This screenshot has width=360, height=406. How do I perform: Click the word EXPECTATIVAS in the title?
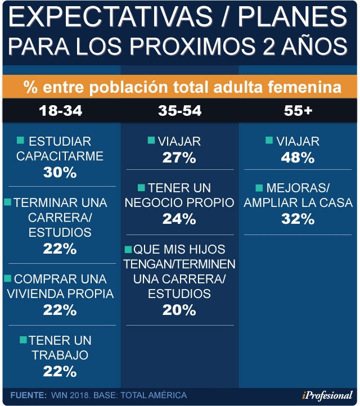click(111, 17)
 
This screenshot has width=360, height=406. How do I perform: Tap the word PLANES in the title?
click(292, 17)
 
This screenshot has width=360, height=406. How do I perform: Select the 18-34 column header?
click(61, 111)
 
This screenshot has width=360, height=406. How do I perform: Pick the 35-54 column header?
click(180, 111)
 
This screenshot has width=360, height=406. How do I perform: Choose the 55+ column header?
click(298, 111)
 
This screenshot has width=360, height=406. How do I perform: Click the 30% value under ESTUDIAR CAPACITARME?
click(60, 172)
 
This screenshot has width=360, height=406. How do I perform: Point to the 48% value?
click(298, 157)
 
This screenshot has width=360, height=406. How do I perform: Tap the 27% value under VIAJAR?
click(179, 157)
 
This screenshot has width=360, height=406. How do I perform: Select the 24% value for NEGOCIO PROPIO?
click(179, 219)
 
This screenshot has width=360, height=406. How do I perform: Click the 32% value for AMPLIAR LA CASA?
click(298, 219)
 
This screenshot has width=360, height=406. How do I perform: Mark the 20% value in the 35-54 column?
click(179, 310)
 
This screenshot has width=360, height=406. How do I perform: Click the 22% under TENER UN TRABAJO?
click(60, 371)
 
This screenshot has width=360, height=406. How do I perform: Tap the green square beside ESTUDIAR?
click(20, 141)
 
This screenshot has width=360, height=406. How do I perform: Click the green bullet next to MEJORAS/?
click(259, 188)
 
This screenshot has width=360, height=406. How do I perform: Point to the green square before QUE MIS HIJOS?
click(128, 249)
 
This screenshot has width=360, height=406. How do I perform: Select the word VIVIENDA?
click(35, 294)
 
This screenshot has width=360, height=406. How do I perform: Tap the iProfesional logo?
click(327, 395)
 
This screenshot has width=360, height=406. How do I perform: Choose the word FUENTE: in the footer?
click(29, 395)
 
